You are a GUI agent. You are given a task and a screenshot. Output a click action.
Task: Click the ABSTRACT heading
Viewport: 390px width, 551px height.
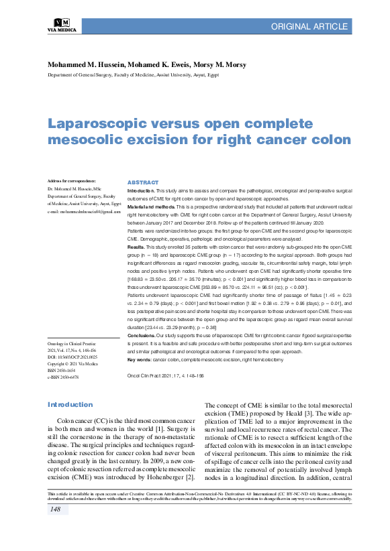[x=142, y=183]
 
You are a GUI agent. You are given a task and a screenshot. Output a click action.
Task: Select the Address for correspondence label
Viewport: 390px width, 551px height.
[x=72, y=182]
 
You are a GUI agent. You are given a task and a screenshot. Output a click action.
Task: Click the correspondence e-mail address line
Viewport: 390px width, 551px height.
[x=84, y=212]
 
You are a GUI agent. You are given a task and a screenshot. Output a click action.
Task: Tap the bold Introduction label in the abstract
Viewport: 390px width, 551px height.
[x=142, y=191]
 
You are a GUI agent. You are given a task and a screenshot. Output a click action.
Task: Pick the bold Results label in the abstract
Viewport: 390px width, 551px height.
[x=136, y=247]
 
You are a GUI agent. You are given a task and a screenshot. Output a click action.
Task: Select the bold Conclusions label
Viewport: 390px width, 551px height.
[x=142, y=334]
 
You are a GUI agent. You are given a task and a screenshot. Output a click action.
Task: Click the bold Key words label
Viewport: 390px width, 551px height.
[x=140, y=361]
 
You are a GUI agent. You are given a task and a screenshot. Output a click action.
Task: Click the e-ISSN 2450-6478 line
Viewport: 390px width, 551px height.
[x=63, y=377]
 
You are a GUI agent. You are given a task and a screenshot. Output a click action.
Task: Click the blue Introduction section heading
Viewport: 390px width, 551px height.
[x=70, y=405]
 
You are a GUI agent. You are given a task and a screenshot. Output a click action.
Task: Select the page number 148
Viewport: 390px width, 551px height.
[x=55, y=529]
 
